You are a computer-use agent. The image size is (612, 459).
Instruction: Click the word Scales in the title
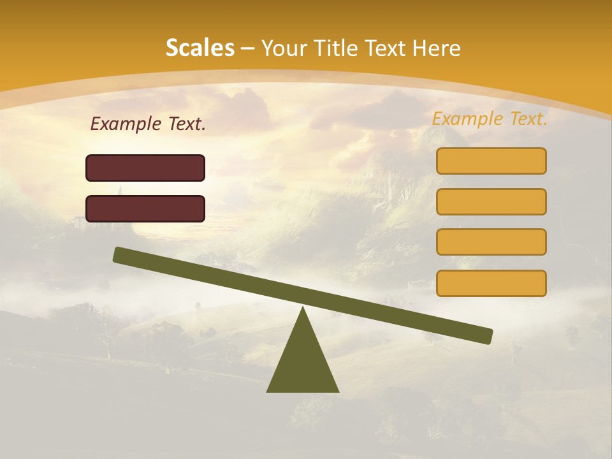[x=200, y=48]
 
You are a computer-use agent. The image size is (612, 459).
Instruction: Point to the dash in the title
[x=248, y=48]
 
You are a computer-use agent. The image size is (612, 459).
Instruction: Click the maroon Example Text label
[x=148, y=124]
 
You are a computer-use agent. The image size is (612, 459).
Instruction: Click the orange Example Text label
[x=490, y=119]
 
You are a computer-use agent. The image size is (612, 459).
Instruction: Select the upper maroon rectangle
[x=145, y=168]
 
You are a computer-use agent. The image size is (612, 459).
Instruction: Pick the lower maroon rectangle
[x=145, y=208]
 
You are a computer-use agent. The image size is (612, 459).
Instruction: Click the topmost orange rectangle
[x=491, y=161]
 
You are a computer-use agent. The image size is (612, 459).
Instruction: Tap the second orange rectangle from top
[x=491, y=201]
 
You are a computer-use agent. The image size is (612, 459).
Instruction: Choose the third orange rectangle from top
[x=491, y=242]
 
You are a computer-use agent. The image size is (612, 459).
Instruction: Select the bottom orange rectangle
[x=491, y=283]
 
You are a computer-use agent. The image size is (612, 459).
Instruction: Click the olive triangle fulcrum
[x=303, y=363]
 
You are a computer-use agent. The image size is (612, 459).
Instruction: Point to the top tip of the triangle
[x=303, y=308]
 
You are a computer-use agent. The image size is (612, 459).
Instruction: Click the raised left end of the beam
[x=119, y=254]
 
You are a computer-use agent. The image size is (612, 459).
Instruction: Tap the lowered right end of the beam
[x=487, y=336]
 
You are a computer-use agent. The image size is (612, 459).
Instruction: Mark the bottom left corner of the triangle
[x=268, y=391]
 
